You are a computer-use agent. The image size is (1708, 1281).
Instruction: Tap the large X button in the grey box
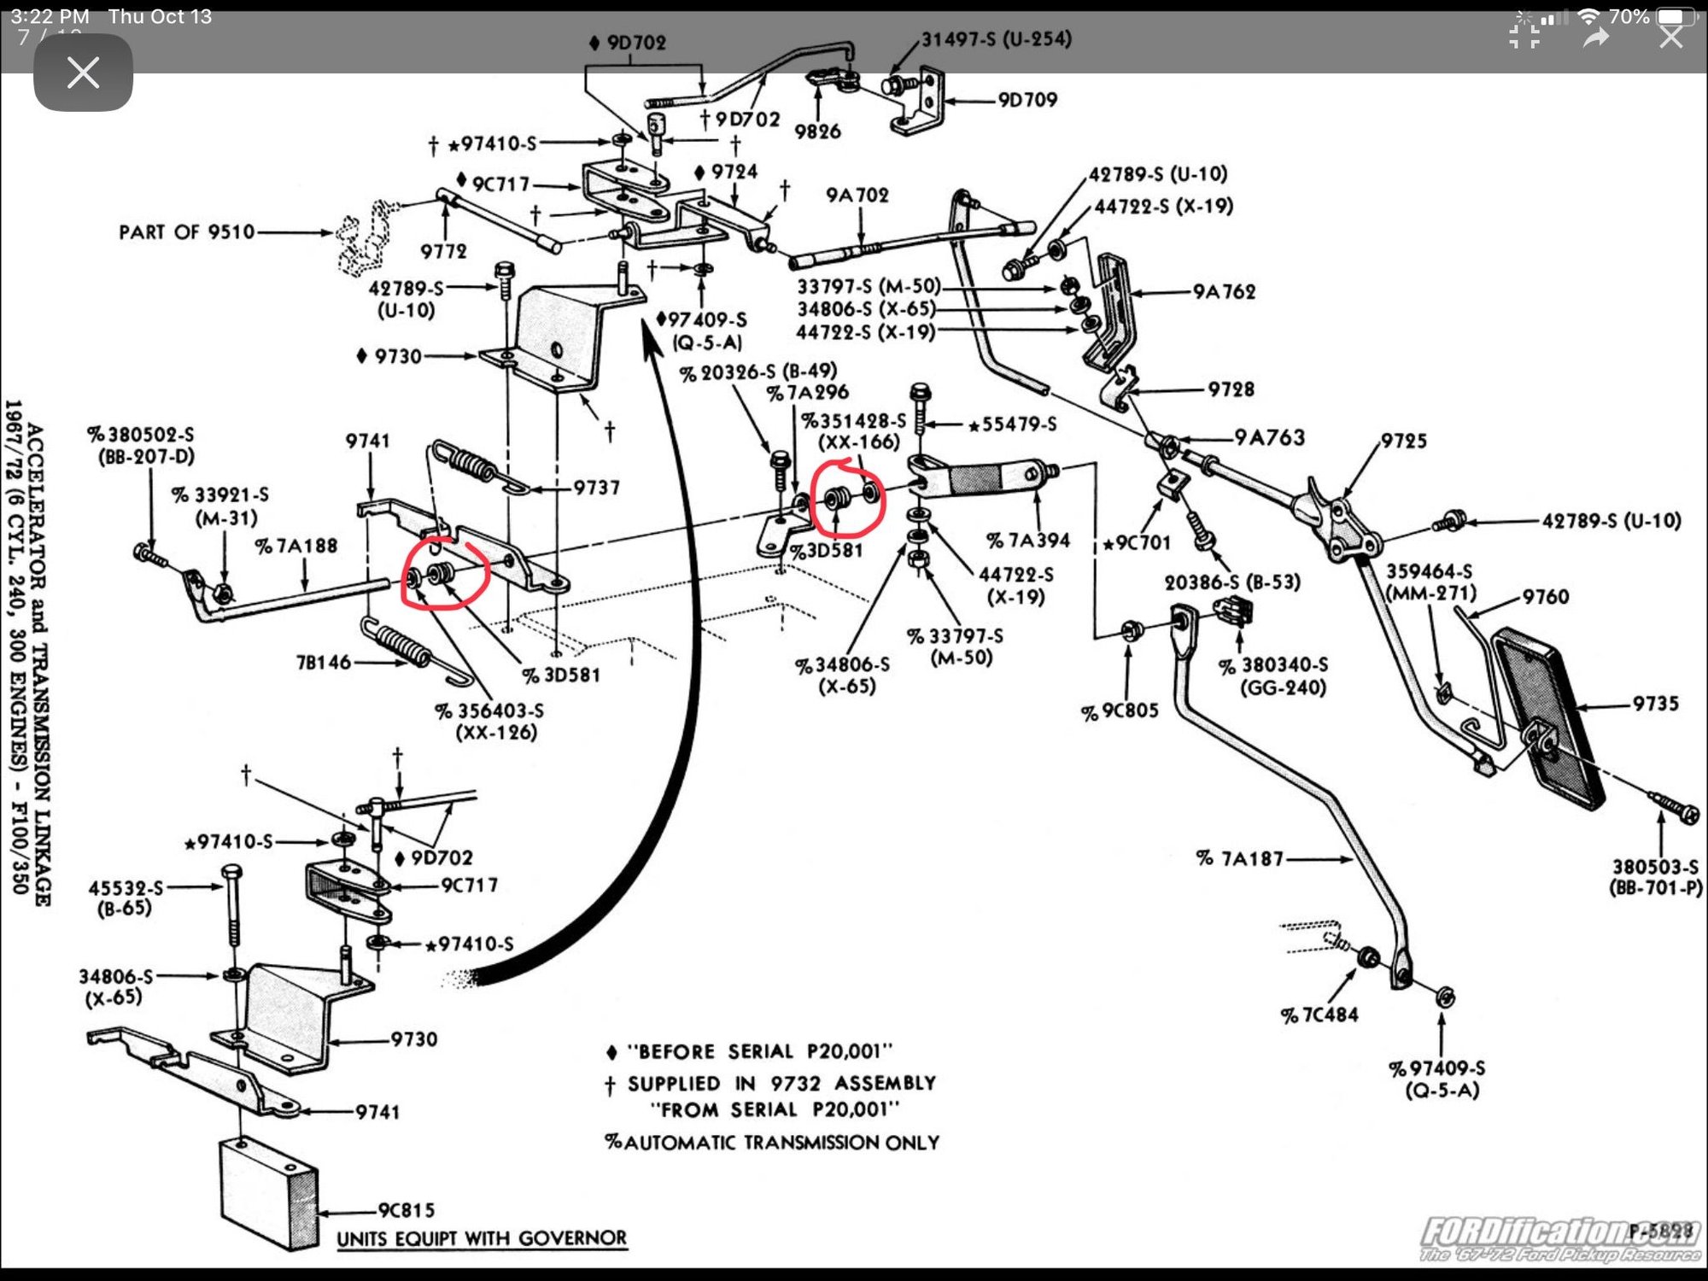(83, 73)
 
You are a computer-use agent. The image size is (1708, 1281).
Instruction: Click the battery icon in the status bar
(1675, 17)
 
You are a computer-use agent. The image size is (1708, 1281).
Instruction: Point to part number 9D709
(1027, 100)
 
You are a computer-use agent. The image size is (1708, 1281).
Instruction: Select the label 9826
(817, 132)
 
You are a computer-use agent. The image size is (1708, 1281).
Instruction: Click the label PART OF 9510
(187, 232)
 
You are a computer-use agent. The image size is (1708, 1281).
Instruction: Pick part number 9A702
(857, 196)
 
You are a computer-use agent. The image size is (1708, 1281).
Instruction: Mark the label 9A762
(1224, 292)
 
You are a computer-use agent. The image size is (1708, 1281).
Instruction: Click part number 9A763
(1269, 438)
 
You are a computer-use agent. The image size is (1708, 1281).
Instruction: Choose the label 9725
(1403, 441)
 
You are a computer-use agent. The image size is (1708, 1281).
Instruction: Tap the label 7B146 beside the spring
(323, 663)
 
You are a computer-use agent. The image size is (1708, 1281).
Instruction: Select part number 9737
(596, 488)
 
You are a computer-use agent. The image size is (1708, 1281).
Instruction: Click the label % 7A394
(1028, 541)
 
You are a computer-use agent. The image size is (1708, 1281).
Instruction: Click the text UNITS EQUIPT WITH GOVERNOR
(482, 1238)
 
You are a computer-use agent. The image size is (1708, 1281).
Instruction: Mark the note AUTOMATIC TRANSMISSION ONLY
(772, 1143)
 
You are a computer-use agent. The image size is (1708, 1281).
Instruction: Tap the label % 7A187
(1240, 859)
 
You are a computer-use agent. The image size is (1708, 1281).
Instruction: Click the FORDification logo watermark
(1559, 1239)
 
